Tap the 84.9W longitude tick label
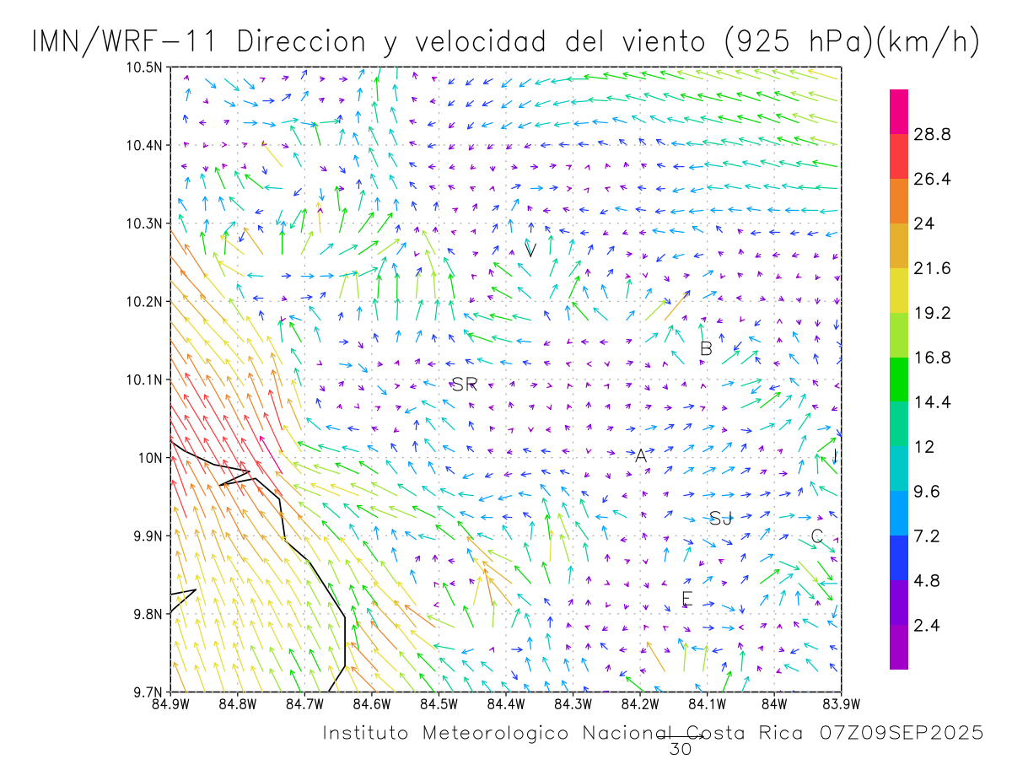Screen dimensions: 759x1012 (170, 702)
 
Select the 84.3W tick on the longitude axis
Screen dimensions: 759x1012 (573, 702)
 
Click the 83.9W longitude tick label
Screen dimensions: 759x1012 (841, 702)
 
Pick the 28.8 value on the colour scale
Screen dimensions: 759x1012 (934, 135)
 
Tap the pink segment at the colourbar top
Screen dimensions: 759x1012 (899, 111)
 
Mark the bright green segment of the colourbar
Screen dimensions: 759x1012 (899, 379)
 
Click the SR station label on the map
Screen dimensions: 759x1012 (465, 385)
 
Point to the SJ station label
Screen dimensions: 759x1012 (720, 519)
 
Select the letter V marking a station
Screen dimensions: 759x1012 (530, 250)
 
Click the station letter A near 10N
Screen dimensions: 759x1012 (641, 456)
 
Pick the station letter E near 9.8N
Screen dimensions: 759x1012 (686, 600)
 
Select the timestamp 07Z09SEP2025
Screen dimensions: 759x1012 (901, 734)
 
